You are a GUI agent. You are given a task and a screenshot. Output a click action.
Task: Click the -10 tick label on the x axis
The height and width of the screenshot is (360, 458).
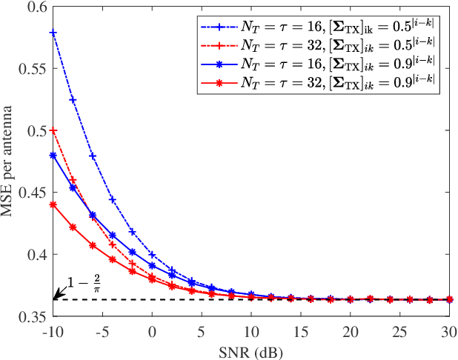pos(53,330)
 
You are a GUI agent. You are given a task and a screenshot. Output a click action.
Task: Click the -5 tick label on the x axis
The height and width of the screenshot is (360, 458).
pos(102,330)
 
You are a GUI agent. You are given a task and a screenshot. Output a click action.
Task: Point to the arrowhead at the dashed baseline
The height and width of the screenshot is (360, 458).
pos(56,298)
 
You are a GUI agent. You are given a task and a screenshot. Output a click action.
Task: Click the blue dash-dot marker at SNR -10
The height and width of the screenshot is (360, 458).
pos(53,33)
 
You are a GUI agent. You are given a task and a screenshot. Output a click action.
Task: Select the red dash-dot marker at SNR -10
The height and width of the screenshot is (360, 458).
pos(53,130)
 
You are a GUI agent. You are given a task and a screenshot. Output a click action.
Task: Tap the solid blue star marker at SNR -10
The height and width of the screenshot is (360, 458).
pos(53,156)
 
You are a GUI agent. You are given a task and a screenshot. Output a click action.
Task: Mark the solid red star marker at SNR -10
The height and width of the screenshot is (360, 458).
pos(53,204)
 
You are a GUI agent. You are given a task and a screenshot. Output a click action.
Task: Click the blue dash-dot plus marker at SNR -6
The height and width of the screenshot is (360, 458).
pos(93,156)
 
